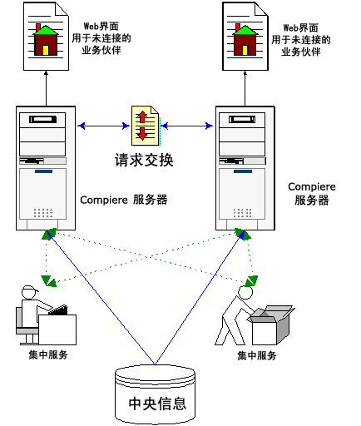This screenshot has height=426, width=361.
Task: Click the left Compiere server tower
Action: [47, 167]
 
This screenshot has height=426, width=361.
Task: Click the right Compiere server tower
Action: [245, 167]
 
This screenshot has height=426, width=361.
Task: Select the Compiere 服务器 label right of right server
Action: [312, 194]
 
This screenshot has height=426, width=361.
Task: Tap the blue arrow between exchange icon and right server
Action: [186, 126]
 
